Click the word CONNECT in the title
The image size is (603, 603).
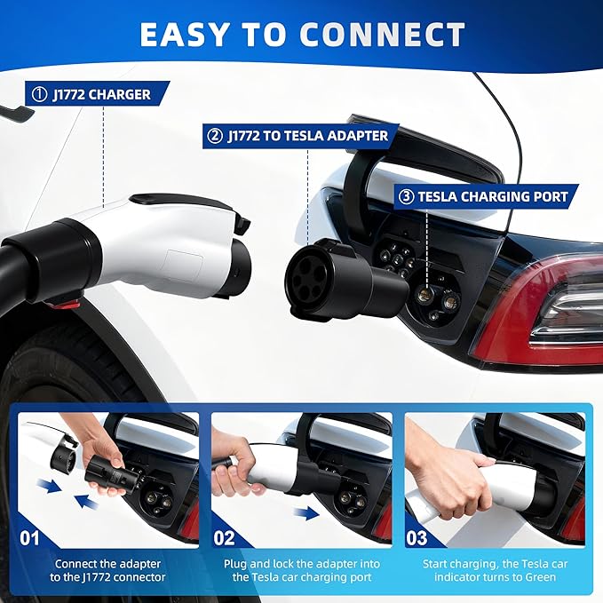point(381,35)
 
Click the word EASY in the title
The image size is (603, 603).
point(186,35)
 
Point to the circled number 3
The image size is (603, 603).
point(407,196)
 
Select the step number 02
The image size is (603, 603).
point(225,537)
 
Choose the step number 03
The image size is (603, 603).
point(418,537)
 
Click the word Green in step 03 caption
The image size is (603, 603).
point(541,577)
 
